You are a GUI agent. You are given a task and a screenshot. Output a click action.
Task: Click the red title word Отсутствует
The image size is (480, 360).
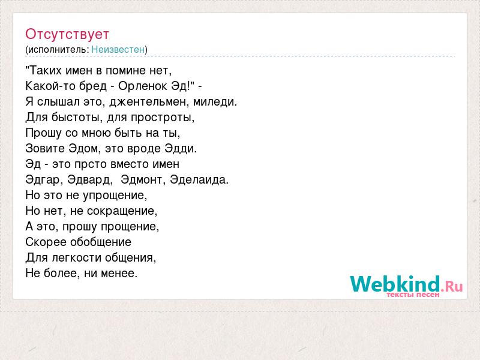click(x=67, y=34)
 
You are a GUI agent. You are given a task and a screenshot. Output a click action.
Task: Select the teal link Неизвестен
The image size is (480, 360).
click(x=118, y=49)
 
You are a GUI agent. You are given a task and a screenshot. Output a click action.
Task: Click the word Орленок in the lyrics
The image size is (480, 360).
click(x=143, y=86)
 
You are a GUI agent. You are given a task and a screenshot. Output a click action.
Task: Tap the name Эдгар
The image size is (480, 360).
click(x=42, y=179)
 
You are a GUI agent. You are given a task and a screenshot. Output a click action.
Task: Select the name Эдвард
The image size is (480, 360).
click(x=88, y=179)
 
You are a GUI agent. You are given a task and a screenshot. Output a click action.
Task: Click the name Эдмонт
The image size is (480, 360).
click(x=141, y=179)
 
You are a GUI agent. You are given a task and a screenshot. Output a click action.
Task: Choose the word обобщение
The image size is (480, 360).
click(x=101, y=242)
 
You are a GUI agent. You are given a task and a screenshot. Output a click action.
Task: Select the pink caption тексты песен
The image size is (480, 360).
click(x=413, y=295)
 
